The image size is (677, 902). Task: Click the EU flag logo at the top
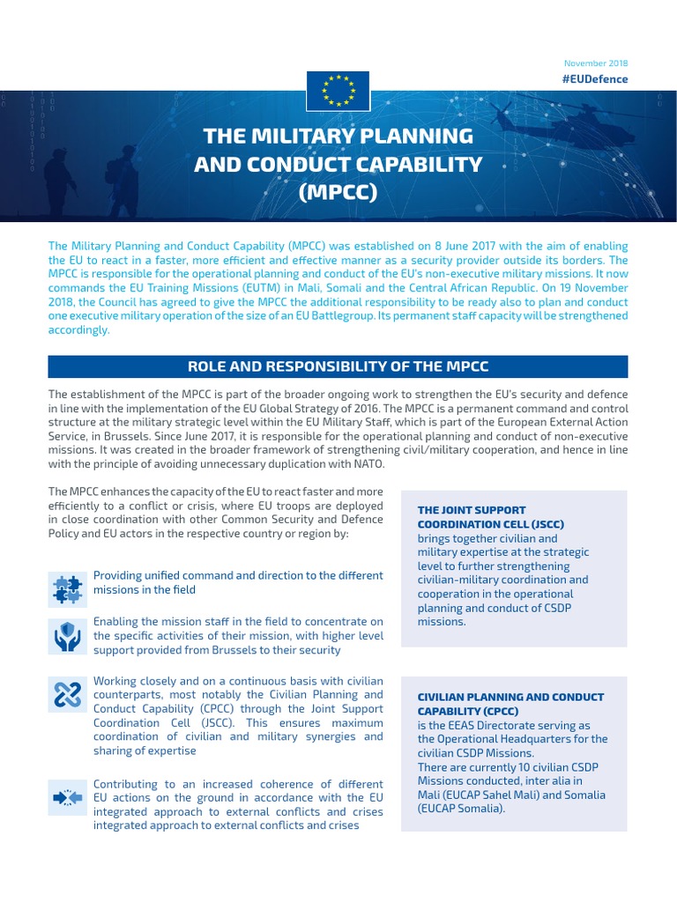pyautogui.click(x=338, y=89)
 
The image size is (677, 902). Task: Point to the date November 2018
pyautogui.click(x=596, y=63)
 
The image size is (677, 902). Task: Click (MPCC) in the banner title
pyautogui.click(x=338, y=191)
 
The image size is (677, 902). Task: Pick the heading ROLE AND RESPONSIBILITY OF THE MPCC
pyautogui.click(x=338, y=366)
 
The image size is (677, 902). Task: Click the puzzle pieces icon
pyautogui.click(x=68, y=588)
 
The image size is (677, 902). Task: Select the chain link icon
pyautogui.click(x=68, y=696)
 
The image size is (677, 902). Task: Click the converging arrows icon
pyautogui.click(x=68, y=798)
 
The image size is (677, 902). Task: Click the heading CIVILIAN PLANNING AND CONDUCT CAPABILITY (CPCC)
pyautogui.click(x=510, y=704)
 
